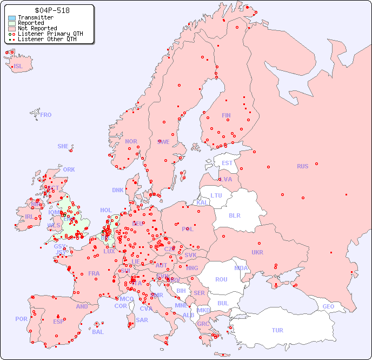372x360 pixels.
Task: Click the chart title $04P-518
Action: (52, 10)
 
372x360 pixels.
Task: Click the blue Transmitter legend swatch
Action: (12, 18)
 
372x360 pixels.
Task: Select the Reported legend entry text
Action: (31, 23)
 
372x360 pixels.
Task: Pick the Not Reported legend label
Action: (37, 29)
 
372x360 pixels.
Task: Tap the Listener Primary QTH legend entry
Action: (50, 34)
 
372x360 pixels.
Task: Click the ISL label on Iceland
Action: (18, 67)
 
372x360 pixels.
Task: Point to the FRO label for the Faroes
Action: (46, 115)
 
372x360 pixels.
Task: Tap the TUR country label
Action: (277, 330)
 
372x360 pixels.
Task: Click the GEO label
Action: (328, 306)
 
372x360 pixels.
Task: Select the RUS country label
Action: (302, 166)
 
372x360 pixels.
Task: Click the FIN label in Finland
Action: (226, 115)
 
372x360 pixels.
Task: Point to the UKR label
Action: (257, 252)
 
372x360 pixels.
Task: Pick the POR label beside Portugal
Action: (21, 319)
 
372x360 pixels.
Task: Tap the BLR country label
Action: (234, 215)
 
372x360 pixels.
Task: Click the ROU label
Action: (221, 279)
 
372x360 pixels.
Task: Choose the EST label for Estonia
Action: (227, 163)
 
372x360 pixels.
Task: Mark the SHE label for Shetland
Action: (63, 146)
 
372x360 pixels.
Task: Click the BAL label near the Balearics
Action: (98, 332)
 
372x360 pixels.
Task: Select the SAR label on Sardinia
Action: (142, 320)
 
